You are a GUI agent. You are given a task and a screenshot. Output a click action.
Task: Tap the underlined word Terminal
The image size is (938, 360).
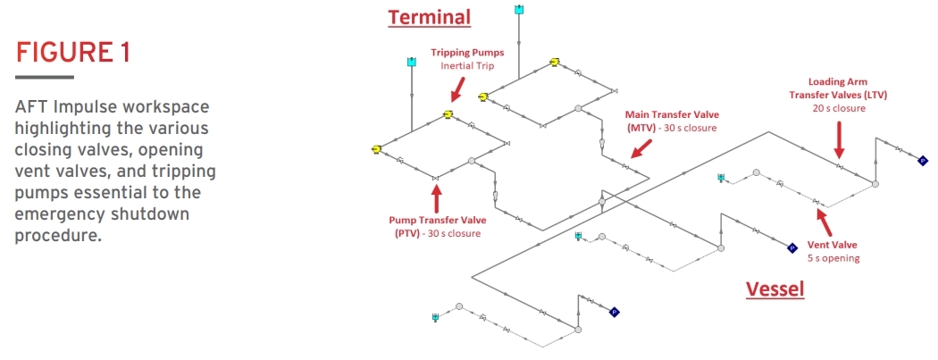[x=428, y=17]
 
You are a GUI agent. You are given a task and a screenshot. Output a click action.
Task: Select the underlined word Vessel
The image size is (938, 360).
[x=775, y=289]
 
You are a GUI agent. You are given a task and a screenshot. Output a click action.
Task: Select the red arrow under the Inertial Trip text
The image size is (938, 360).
[x=456, y=88]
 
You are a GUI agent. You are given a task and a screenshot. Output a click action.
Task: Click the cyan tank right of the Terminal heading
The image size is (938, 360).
[x=519, y=10]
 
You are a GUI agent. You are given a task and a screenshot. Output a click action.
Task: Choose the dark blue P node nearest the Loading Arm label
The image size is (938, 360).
[x=923, y=160]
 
